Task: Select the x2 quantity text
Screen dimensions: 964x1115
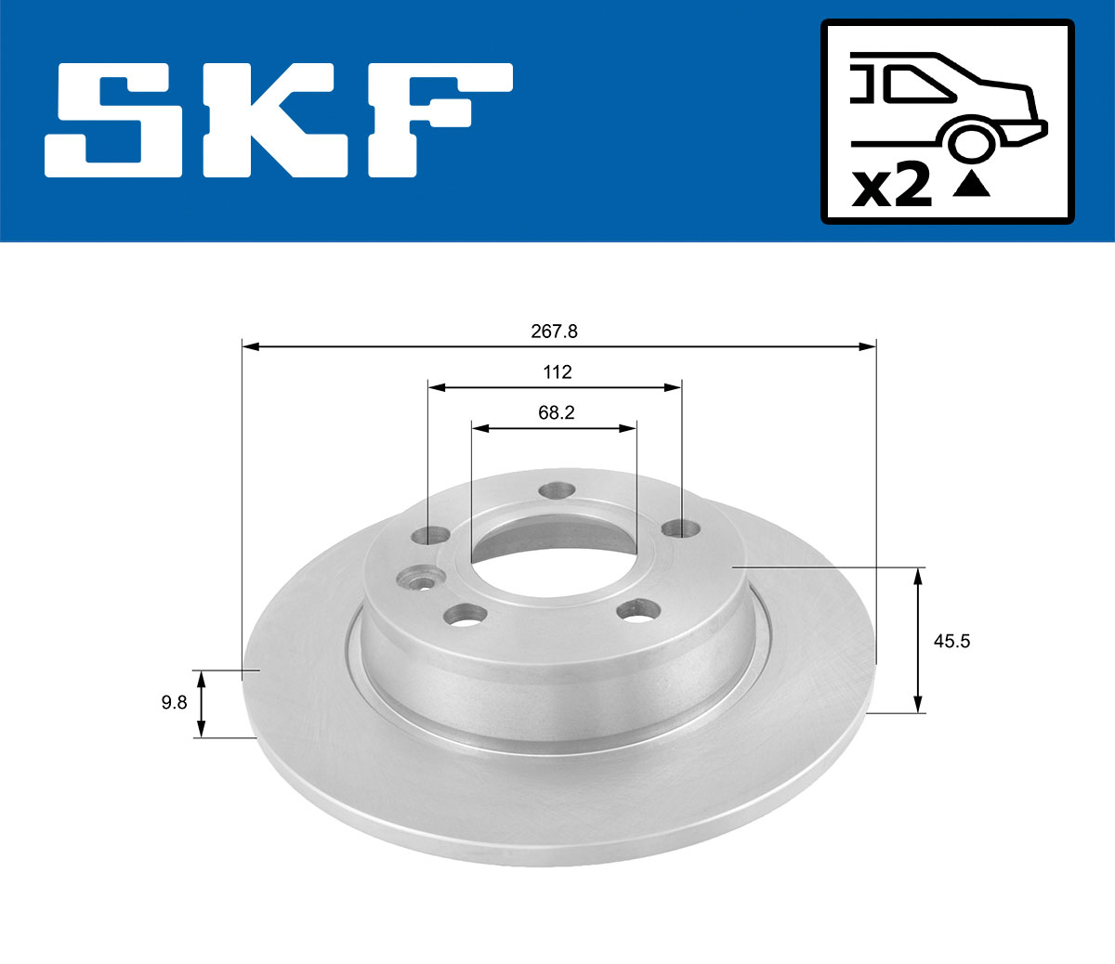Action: click(892, 187)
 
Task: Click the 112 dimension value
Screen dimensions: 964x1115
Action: click(557, 372)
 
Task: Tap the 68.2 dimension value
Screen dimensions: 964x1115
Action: click(556, 413)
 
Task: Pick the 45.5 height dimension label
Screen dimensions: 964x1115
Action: click(951, 641)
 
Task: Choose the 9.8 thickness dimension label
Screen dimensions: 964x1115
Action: click(174, 703)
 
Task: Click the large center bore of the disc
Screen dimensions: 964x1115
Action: click(554, 557)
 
